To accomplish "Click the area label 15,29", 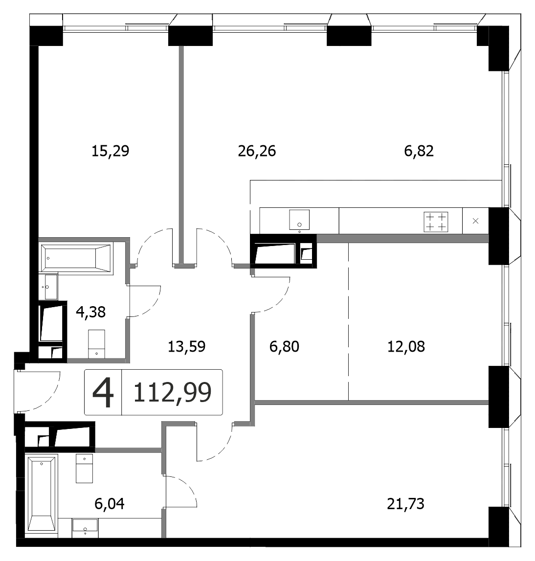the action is pyautogui.click(x=110, y=151).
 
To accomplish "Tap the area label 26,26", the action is pyautogui.click(x=257, y=151).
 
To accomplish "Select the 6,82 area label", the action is pyautogui.click(x=419, y=151).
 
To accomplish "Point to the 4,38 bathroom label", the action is pyautogui.click(x=90, y=312).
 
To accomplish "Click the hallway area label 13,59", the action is pyautogui.click(x=187, y=346).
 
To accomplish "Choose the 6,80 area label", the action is pyautogui.click(x=284, y=346).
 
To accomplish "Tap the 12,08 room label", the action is pyautogui.click(x=406, y=346).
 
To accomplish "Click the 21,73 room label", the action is pyautogui.click(x=405, y=504).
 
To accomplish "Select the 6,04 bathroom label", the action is pyautogui.click(x=110, y=504).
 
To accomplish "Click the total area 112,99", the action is pyautogui.click(x=172, y=392).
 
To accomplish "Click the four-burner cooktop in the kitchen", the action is pyautogui.click(x=436, y=222).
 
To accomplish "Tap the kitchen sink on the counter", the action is pyautogui.click(x=299, y=220).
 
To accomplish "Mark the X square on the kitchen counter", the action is pyautogui.click(x=475, y=221).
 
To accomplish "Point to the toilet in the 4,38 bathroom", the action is pyautogui.click(x=96, y=343).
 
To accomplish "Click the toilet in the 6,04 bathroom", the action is pyautogui.click(x=85, y=469).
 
